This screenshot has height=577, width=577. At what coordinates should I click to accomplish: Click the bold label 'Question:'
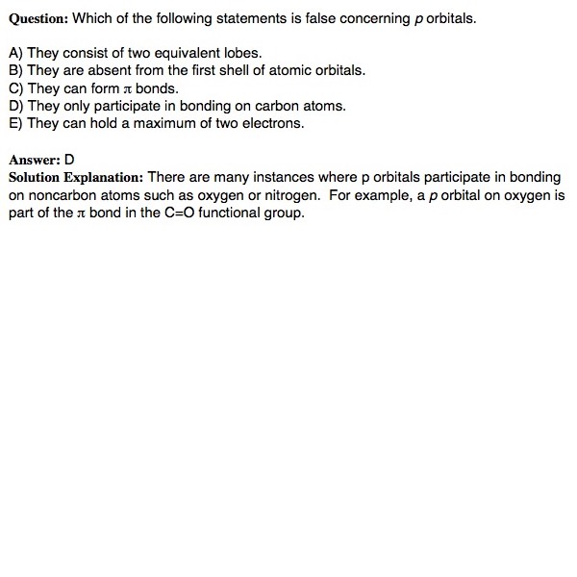click(38, 18)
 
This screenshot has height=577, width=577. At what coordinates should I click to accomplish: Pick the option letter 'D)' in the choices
click(15, 106)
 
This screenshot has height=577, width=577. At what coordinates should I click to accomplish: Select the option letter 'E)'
click(15, 123)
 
